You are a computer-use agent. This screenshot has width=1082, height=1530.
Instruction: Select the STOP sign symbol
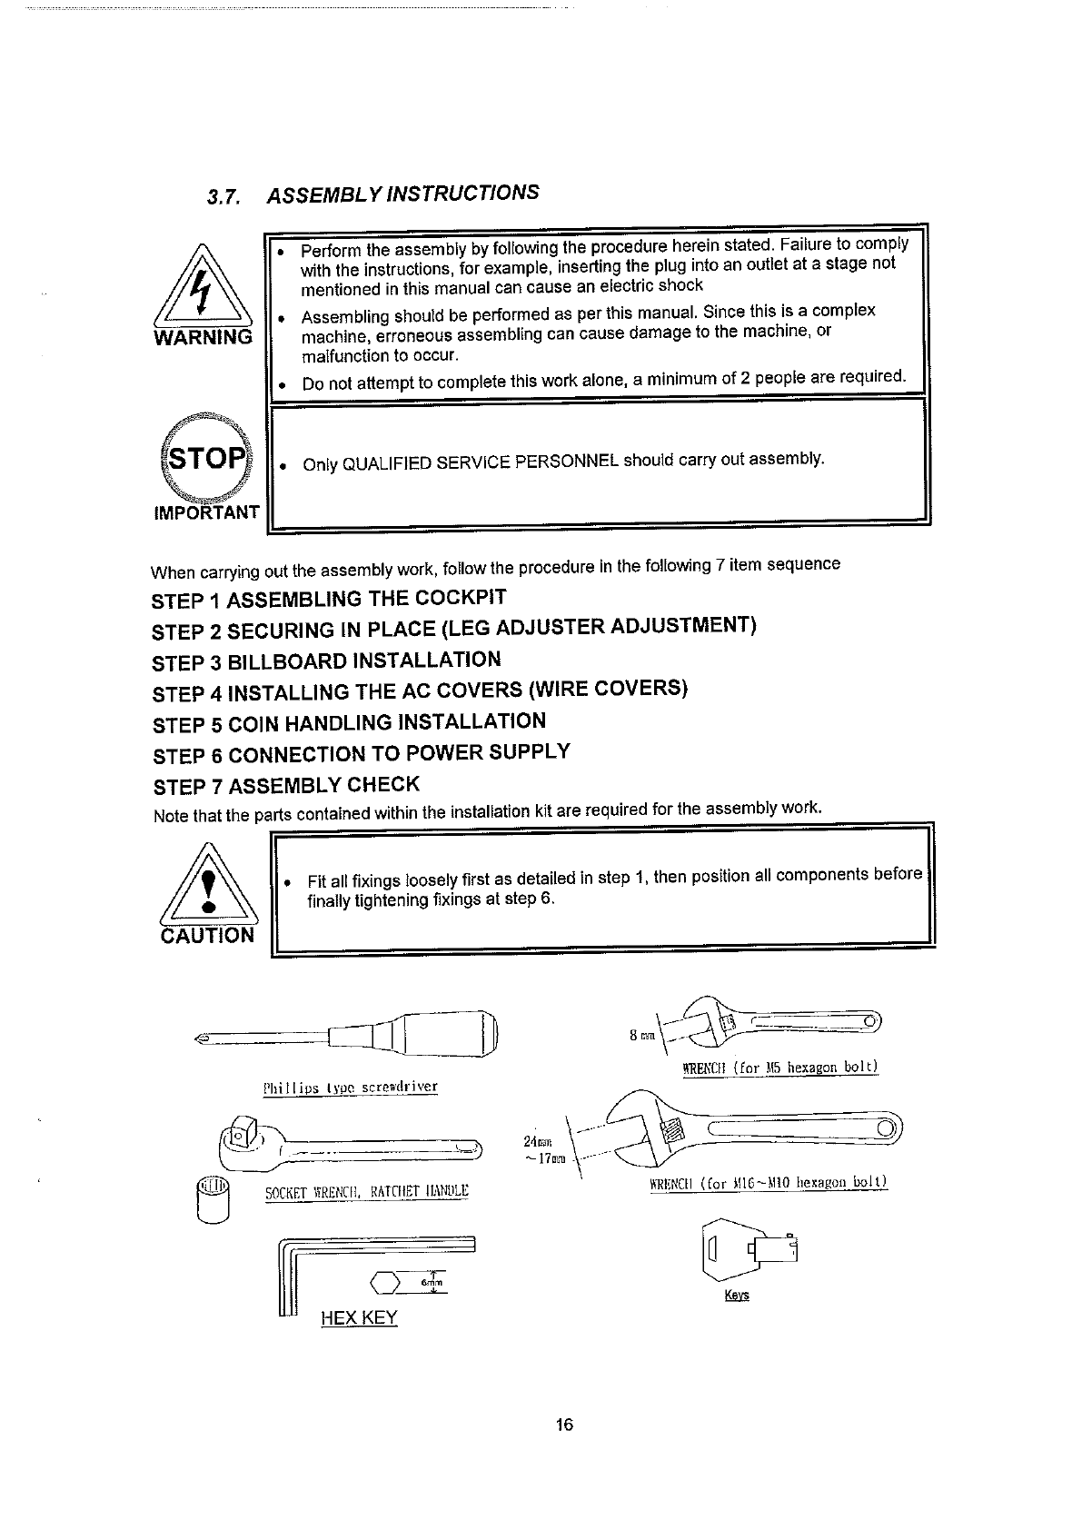click(x=204, y=457)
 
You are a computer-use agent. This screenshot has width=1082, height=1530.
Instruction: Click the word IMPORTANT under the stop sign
click(x=207, y=512)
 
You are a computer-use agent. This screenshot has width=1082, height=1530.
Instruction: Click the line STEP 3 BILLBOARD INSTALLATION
click(x=326, y=661)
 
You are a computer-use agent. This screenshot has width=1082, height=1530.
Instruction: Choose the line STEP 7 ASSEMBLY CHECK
click(x=286, y=785)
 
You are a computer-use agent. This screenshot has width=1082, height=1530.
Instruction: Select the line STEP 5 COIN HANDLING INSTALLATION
click(x=349, y=723)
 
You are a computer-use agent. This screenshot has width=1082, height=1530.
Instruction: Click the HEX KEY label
click(x=359, y=1317)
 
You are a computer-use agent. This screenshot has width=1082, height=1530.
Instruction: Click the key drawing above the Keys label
click(x=749, y=1253)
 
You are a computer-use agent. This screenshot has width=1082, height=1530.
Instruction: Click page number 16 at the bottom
click(x=564, y=1425)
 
